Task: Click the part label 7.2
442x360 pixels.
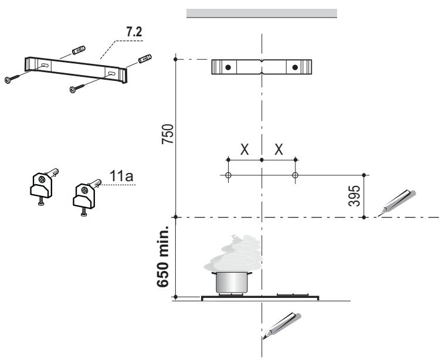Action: pyautogui.click(x=134, y=32)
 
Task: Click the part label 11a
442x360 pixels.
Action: pyautogui.click(x=121, y=176)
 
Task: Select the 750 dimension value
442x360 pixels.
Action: pyautogui.click(x=168, y=134)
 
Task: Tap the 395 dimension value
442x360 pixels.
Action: pyautogui.click(x=354, y=196)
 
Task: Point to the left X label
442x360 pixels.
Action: pyautogui.click(x=244, y=150)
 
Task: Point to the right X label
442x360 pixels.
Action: pyautogui.click(x=279, y=150)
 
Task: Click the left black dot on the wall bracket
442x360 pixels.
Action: pyautogui.click(x=229, y=67)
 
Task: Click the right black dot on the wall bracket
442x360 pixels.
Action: pyautogui.click(x=295, y=67)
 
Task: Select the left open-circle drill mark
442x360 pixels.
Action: pyautogui.click(x=229, y=175)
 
